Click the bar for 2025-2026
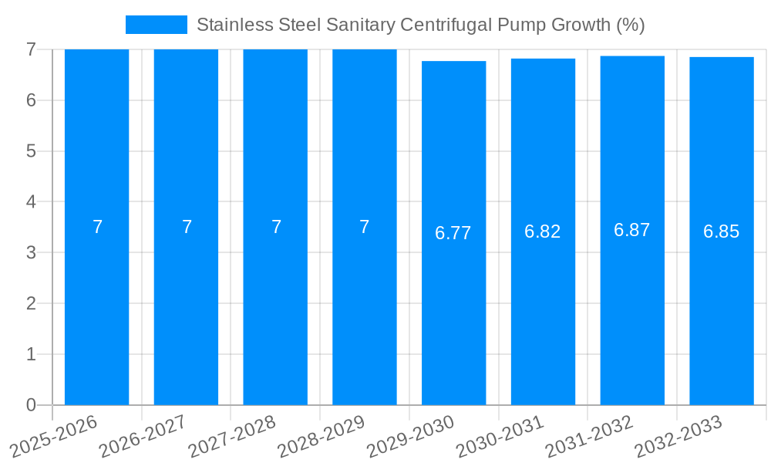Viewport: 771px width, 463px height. [97, 309]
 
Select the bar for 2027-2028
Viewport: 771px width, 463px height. [275, 309]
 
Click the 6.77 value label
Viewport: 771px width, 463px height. [453, 233]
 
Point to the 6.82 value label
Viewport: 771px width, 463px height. [543, 231]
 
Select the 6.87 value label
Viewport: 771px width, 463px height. [632, 230]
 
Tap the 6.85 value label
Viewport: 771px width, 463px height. [722, 231]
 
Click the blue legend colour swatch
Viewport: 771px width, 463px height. [157, 25]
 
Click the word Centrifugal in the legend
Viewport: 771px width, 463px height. [446, 25]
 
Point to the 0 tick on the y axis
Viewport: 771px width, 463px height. [31, 405]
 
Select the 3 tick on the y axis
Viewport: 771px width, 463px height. [31, 252]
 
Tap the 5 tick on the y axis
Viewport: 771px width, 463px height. [31, 151]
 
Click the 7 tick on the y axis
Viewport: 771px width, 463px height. [31, 49]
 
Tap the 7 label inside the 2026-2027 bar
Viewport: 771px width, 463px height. [187, 227]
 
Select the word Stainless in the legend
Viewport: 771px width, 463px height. [230, 25]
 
